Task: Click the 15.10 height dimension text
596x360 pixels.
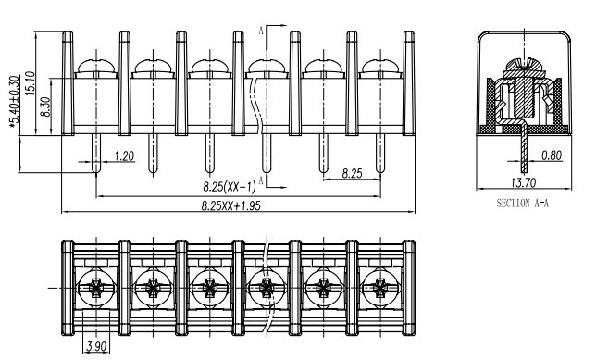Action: tap(31, 83)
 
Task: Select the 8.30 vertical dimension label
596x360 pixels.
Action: tap(45, 106)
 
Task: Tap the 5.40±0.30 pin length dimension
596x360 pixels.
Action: tap(14, 101)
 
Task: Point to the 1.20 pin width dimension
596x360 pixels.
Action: tap(124, 155)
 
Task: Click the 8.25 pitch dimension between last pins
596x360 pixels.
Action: tap(352, 173)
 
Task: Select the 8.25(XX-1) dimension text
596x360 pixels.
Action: tap(230, 187)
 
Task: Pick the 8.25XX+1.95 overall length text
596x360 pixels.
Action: tap(230, 205)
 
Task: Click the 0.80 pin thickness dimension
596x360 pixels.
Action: tap(552, 155)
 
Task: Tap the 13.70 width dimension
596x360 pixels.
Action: tap(524, 183)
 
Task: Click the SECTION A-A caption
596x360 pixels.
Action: tap(523, 203)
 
